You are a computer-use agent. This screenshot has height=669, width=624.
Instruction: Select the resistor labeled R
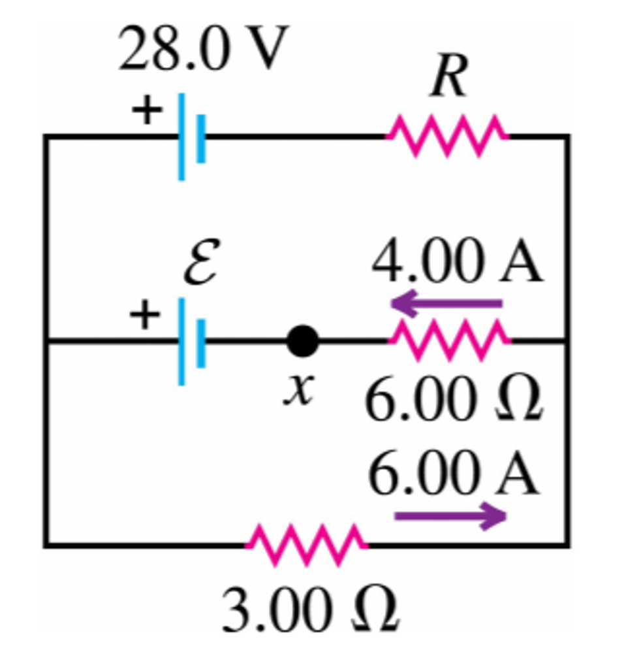447,137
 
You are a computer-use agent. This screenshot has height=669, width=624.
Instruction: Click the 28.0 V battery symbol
192,137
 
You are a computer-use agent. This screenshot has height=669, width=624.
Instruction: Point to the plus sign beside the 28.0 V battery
146,110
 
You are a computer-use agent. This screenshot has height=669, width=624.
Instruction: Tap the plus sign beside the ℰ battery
145,316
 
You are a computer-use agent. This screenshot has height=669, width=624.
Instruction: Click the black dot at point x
302,341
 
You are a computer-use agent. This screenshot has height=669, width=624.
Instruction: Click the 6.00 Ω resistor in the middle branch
450,340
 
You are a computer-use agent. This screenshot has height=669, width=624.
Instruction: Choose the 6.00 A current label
454,475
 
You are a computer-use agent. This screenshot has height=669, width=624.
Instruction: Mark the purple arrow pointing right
450,517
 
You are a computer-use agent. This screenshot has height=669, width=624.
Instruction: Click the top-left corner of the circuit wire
46,137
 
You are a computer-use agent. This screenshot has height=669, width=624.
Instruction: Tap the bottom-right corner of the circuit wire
568,544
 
